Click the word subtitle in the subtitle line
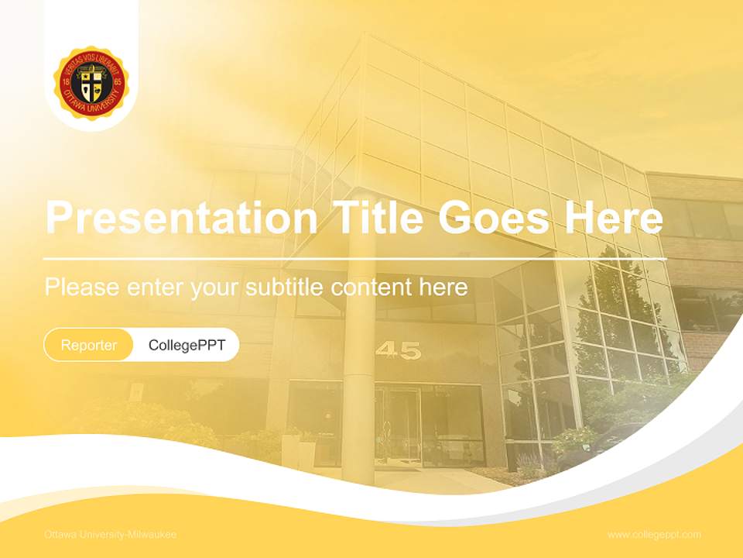click(x=286, y=288)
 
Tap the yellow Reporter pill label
click(x=88, y=345)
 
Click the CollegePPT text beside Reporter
click(x=187, y=345)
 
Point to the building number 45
click(x=398, y=351)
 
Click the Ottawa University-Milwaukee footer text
click(x=110, y=535)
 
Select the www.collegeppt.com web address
click(x=654, y=535)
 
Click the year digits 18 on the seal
click(x=67, y=81)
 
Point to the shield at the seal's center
click(x=91, y=84)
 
